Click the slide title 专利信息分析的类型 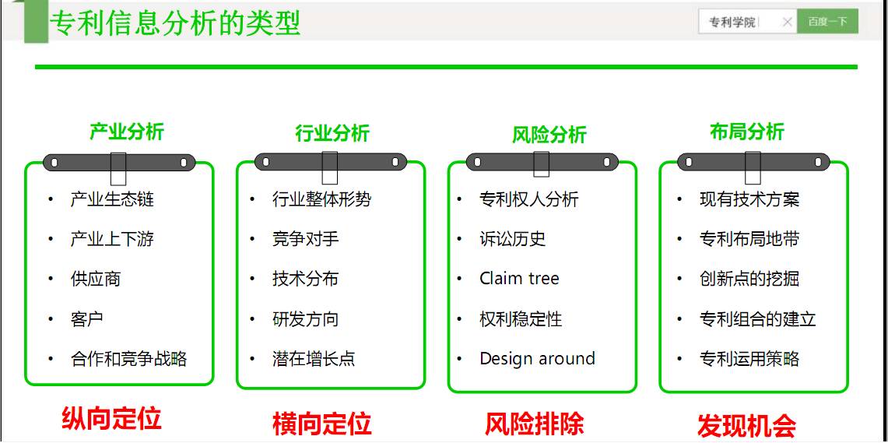[x=175, y=23]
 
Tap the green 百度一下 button [x=827, y=22]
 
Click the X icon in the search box [x=787, y=22]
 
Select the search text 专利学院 [x=732, y=23]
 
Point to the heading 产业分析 [x=126, y=132]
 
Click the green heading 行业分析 [x=332, y=134]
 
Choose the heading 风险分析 [x=549, y=135]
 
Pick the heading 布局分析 [x=747, y=132]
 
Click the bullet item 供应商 [x=95, y=279]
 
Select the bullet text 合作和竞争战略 [x=128, y=359]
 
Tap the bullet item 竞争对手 [x=305, y=239]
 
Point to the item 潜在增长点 [x=313, y=359]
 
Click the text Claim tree [x=519, y=279]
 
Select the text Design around [x=537, y=359]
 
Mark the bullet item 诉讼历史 [x=512, y=239]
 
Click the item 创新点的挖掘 [x=749, y=279]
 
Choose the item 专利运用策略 [x=749, y=359]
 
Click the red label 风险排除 [x=534, y=424]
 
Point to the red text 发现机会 [x=746, y=425]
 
